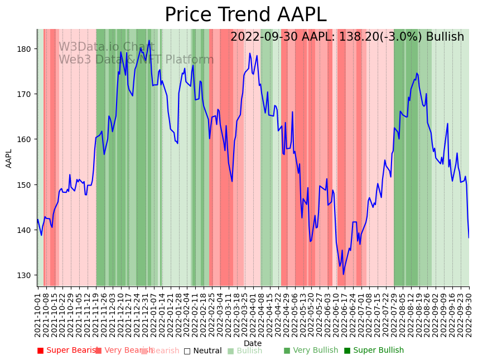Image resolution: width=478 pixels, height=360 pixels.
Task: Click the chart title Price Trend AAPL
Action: click(245, 14)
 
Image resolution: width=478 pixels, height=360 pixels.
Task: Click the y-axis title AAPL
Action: click(9, 158)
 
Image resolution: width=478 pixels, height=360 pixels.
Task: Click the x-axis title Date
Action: click(253, 343)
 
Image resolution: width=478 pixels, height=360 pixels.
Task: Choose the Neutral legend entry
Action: click(203, 351)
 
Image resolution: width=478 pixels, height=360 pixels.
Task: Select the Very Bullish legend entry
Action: click(311, 351)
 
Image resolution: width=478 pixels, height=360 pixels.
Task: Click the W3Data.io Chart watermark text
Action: click(107, 47)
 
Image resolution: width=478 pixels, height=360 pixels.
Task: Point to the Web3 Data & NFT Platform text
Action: click(136, 60)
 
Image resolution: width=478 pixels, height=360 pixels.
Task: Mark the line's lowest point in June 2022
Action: click(344, 274)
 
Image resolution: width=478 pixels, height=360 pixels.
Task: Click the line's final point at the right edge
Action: click(469, 237)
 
